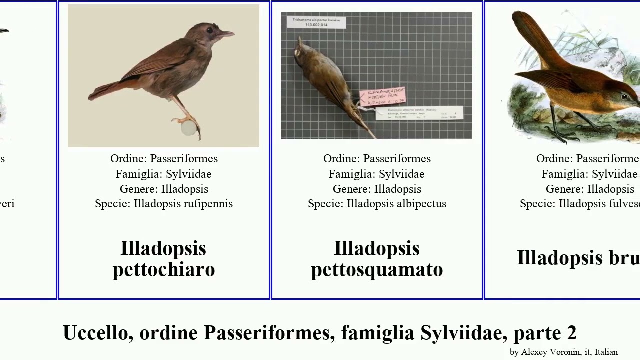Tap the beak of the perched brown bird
click(227, 35)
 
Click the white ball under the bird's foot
click(188, 128)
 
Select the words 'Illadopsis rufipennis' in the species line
click(183, 204)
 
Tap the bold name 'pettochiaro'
click(164, 269)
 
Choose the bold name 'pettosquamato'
click(377, 269)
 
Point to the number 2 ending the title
click(571, 333)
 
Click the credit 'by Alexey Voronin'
click(545, 352)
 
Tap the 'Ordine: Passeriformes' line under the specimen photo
click(377, 159)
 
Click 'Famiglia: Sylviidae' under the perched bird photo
click(164, 174)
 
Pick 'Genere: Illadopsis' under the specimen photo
click(377, 189)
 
